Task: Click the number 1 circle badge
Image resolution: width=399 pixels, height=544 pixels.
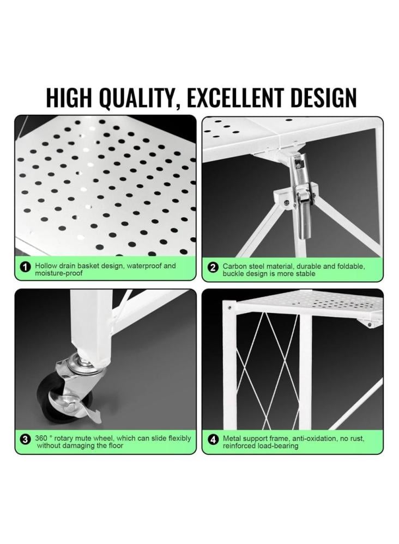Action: pyautogui.click(x=25, y=268)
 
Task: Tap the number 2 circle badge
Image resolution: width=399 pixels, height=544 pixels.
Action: pyautogui.click(x=213, y=268)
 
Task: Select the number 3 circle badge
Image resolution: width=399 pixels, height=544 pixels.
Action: pyautogui.click(x=25, y=440)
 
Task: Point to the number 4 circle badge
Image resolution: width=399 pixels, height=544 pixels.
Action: pyautogui.click(x=213, y=440)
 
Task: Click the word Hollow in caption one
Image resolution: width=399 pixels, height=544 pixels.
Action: pyautogui.click(x=46, y=266)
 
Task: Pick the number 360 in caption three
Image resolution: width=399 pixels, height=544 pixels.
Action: pyautogui.click(x=41, y=438)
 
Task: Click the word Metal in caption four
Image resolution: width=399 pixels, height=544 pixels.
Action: pyautogui.click(x=232, y=438)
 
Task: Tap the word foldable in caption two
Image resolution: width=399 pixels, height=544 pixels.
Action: pyautogui.click(x=351, y=267)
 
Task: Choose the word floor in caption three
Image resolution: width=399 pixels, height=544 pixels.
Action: pyautogui.click(x=115, y=446)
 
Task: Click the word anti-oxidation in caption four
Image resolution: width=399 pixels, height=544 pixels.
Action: pyautogui.click(x=313, y=438)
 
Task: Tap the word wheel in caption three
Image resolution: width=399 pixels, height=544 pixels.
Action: pyautogui.click(x=102, y=438)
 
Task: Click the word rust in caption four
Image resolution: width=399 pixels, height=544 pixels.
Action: pyautogui.click(x=358, y=438)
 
